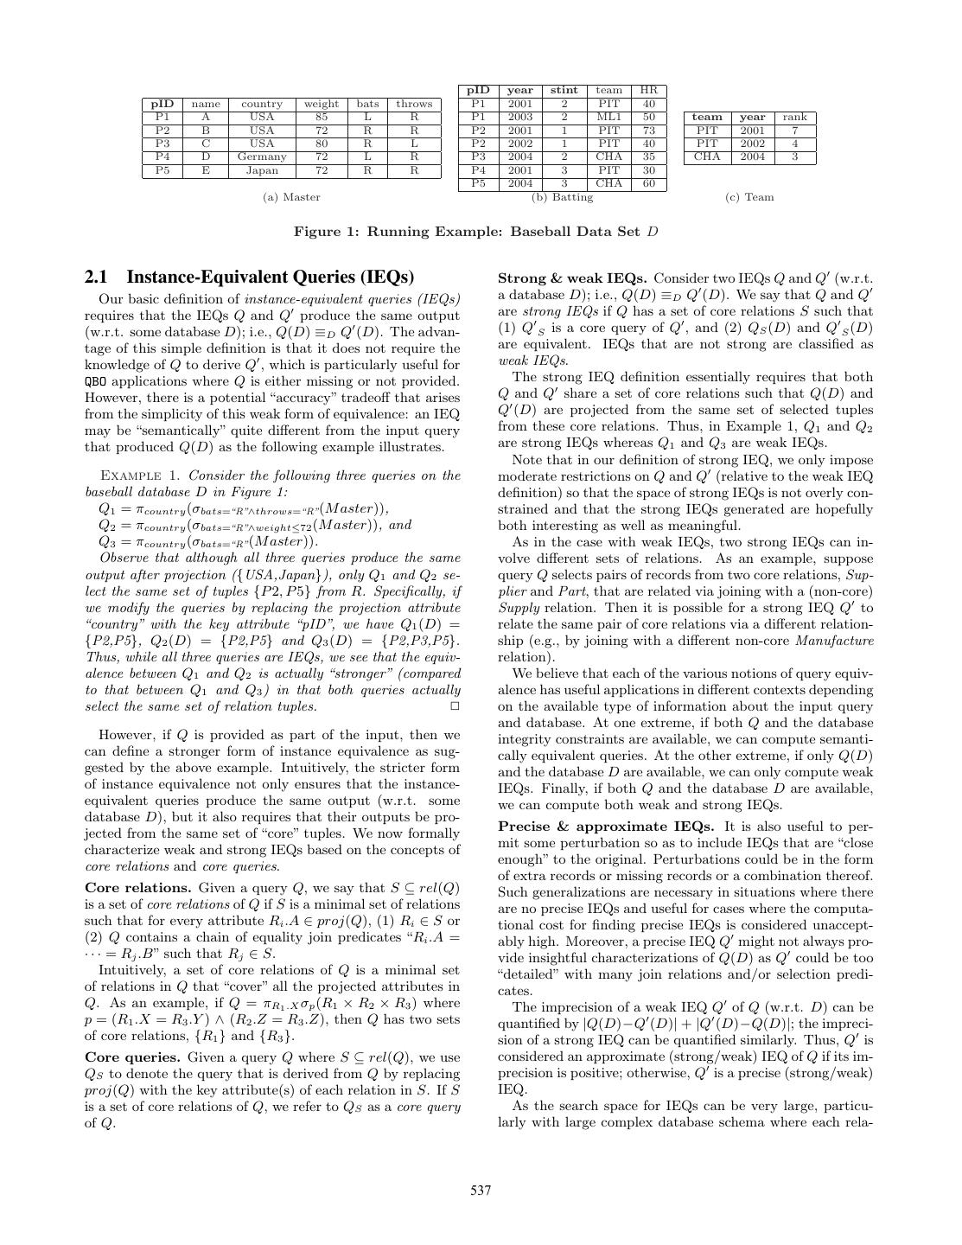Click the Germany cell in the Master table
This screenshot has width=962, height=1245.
[262, 157]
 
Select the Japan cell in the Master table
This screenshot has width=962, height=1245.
[262, 170]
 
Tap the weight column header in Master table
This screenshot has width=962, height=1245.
[322, 104]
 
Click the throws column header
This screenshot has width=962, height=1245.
[414, 104]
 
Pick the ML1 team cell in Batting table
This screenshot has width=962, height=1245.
[609, 117]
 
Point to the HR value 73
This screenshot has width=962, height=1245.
[649, 131]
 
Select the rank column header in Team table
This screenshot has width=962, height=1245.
[794, 117]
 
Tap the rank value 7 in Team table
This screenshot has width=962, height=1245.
[794, 131]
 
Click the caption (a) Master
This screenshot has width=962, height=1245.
[291, 197]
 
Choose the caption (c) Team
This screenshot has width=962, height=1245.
[749, 197]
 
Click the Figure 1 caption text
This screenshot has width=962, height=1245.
[476, 232]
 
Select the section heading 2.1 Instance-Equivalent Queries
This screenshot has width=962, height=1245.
[249, 278]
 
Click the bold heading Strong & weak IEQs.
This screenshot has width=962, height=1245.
[572, 278]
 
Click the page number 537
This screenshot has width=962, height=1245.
[481, 1191]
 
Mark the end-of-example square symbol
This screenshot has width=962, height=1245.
[456, 706]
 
